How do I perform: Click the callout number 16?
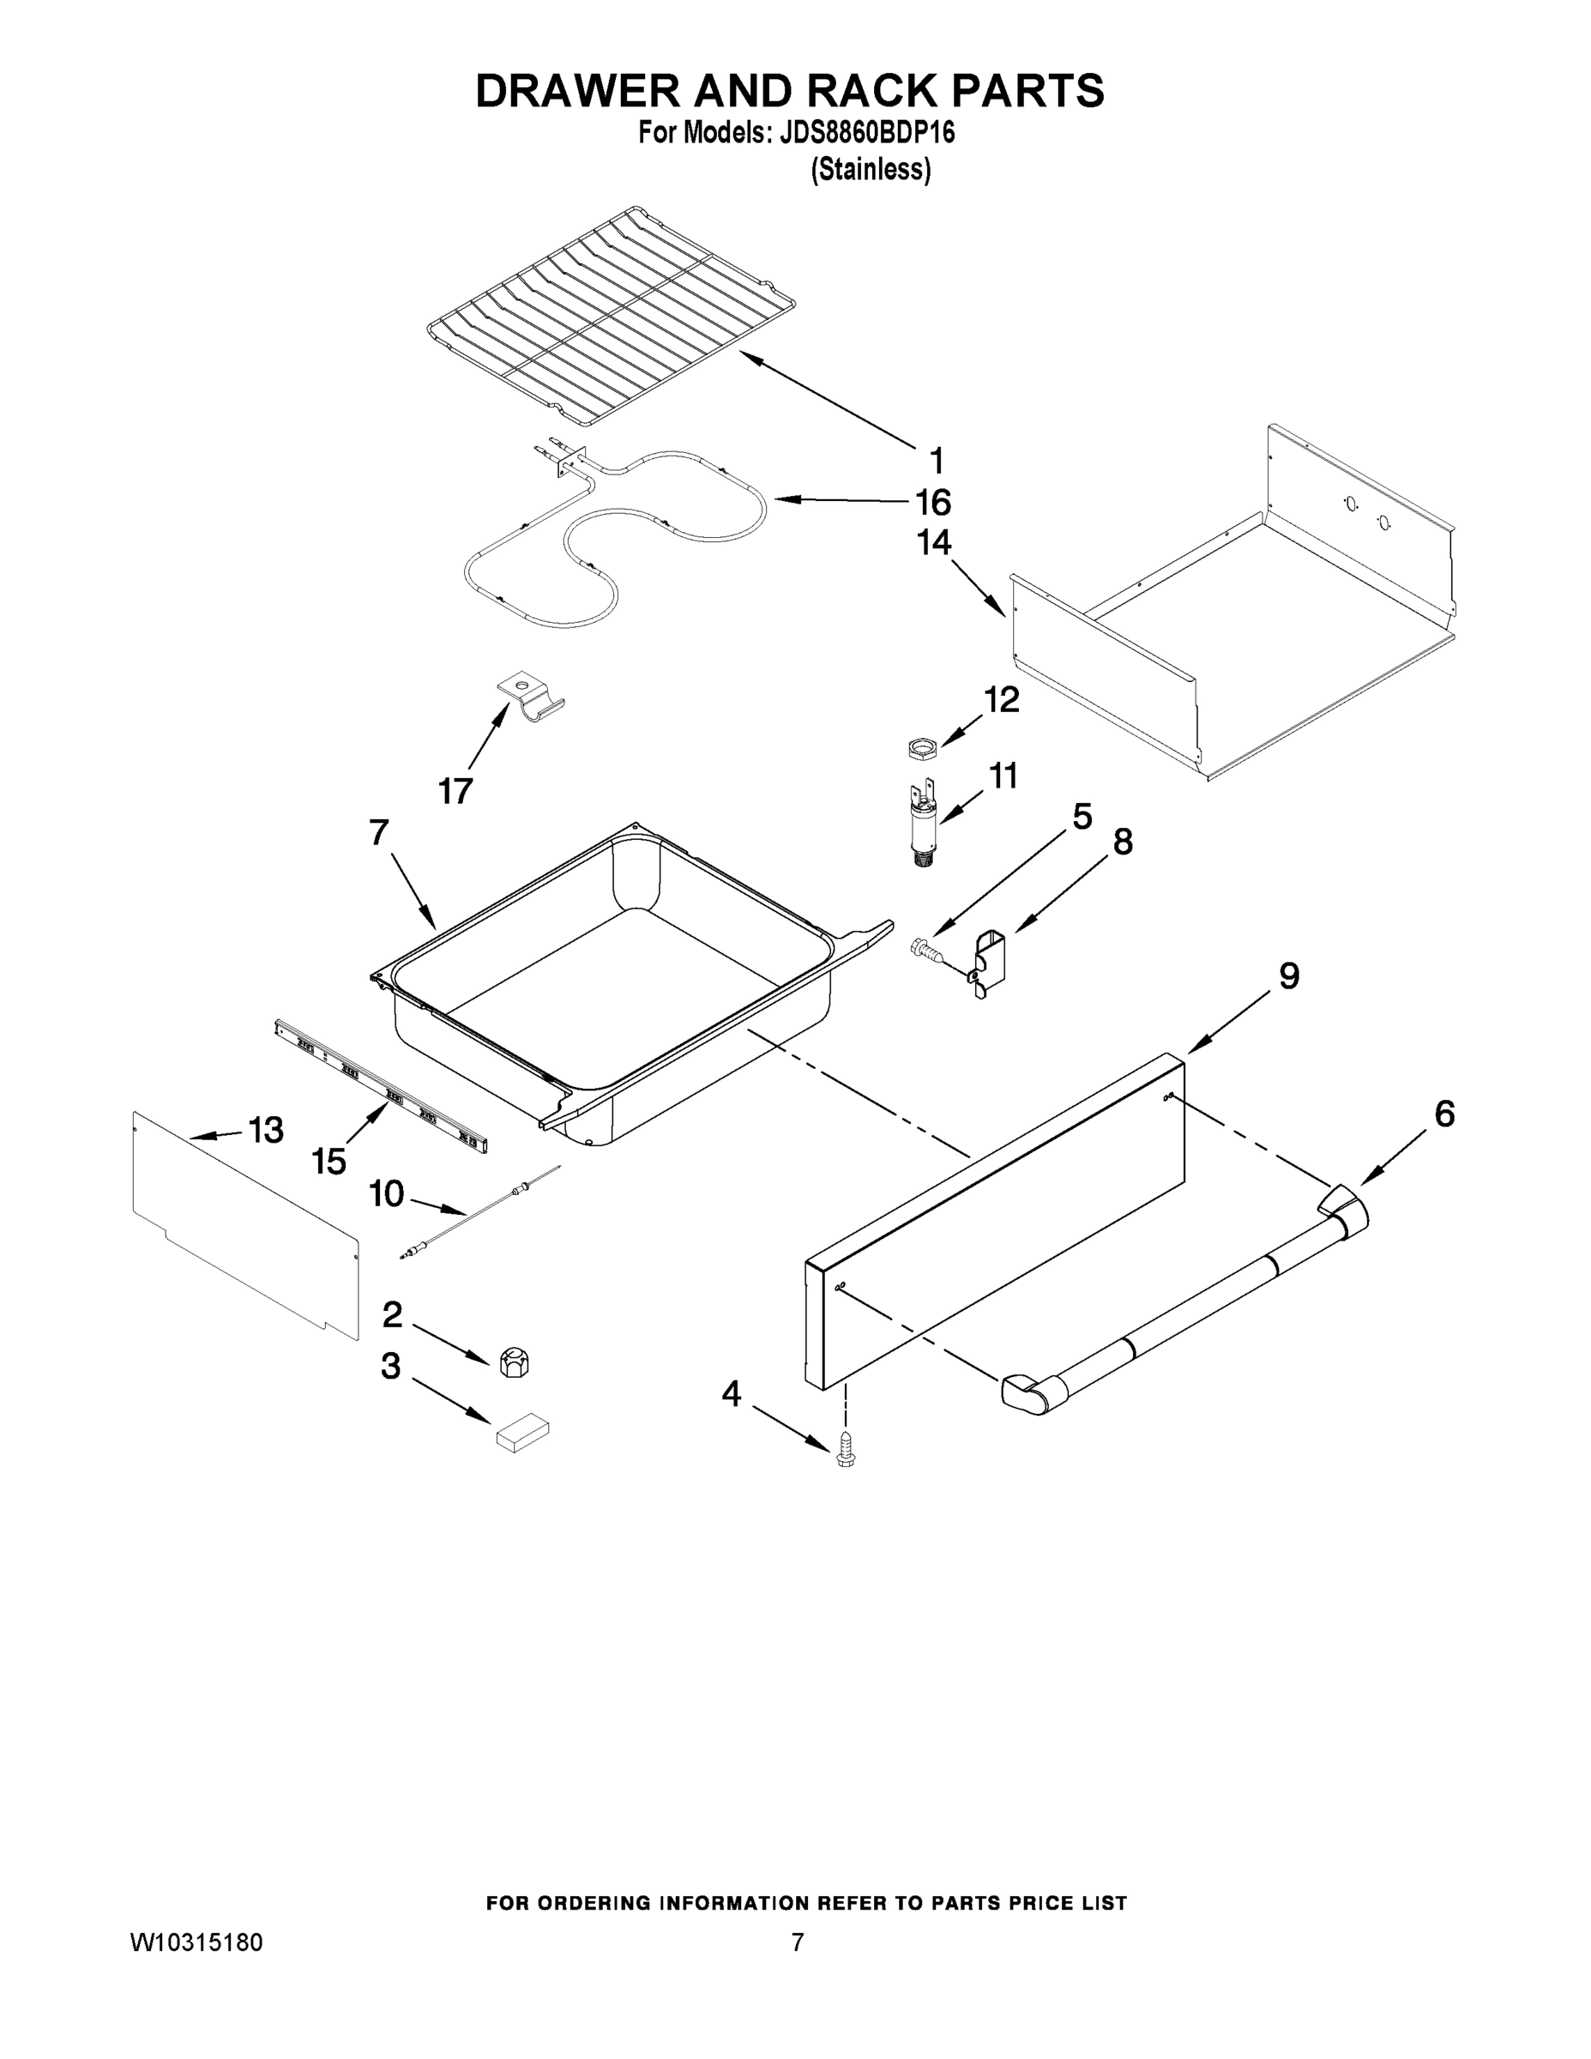[932, 503]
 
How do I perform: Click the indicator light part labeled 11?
[923, 826]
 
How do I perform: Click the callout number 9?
[1288, 975]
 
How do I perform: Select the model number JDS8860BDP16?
[867, 133]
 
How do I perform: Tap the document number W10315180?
[196, 1943]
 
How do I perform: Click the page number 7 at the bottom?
[798, 1943]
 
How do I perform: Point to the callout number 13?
[265, 1129]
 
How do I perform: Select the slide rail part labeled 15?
[382, 1089]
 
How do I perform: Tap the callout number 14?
[933, 543]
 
